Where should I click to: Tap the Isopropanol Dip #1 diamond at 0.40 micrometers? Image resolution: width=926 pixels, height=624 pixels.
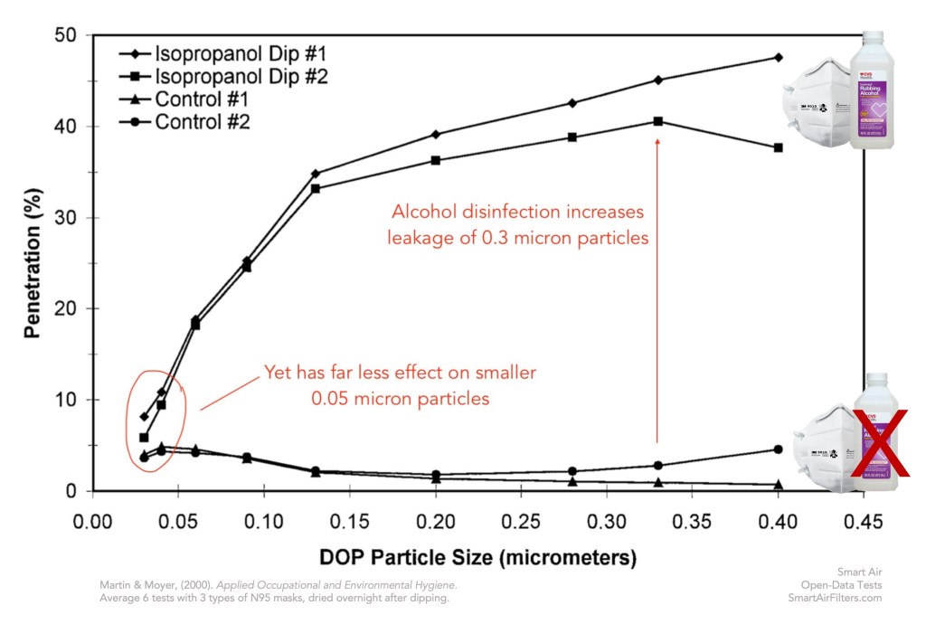coord(778,57)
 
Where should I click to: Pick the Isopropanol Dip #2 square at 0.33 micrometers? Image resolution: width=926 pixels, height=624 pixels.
coord(658,121)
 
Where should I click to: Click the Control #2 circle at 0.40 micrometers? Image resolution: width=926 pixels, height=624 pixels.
coord(778,449)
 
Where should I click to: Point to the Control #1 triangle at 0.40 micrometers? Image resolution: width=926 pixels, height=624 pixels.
coord(778,485)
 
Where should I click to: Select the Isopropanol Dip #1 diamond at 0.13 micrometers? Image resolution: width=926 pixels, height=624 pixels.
coord(316,174)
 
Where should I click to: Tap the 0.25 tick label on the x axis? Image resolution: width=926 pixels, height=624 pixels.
coord(521,522)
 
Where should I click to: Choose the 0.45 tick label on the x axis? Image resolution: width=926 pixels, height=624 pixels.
coord(865,522)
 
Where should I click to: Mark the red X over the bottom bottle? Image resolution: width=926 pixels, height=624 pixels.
coord(879,443)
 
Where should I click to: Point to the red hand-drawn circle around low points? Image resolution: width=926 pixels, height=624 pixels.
coord(156,410)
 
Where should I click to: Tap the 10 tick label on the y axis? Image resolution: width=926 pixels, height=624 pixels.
coord(71,400)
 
